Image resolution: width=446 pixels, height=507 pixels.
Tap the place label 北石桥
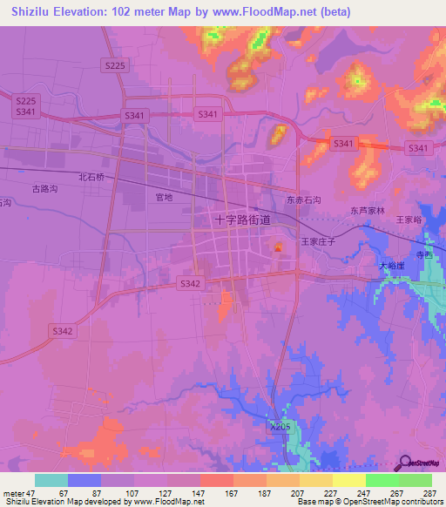click(x=91, y=177)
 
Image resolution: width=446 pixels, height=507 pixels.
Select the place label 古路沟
click(x=44, y=187)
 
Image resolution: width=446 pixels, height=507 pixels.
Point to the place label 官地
click(x=164, y=198)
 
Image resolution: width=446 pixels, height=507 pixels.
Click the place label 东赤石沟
click(x=304, y=200)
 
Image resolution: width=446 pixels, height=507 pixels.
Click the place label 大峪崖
click(x=393, y=264)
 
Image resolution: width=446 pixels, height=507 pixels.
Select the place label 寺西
click(x=423, y=255)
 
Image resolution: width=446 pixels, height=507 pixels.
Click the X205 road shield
click(x=278, y=426)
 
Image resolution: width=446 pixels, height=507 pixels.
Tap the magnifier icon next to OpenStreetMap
click(x=405, y=464)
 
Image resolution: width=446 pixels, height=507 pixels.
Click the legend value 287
click(x=429, y=493)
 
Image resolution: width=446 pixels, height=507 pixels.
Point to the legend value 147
click(x=198, y=493)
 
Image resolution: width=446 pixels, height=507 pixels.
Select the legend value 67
click(x=65, y=493)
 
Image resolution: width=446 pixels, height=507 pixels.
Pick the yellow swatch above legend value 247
click(x=348, y=480)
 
